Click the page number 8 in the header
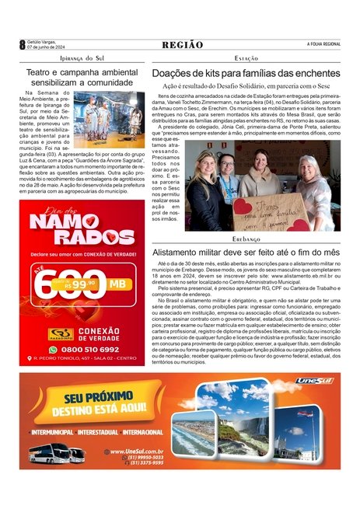tap(23, 45)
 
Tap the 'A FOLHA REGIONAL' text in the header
tap(323, 44)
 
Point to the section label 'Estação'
tap(246, 58)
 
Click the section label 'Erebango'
tap(246, 240)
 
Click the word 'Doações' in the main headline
tap(173, 72)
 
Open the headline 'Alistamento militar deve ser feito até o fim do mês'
tap(246, 253)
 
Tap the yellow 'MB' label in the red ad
tap(119, 283)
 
